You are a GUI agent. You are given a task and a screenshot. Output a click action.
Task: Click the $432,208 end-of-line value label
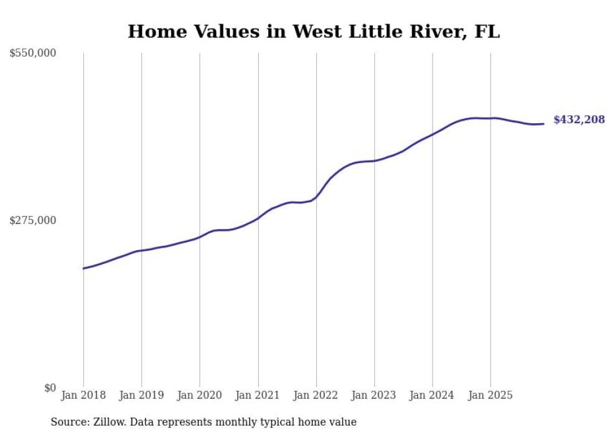pos(578,119)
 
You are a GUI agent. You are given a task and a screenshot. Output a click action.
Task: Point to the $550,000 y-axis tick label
pos(33,54)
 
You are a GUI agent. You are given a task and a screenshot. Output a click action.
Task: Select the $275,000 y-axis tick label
pos(33,220)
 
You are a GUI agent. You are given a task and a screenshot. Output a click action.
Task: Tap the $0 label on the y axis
pos(50,388)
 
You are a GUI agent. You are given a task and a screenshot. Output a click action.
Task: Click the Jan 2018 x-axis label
pos(83,395)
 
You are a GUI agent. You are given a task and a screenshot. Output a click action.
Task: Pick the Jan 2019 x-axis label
pos(141,395)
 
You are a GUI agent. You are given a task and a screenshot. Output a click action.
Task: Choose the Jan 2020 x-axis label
pos(200,395)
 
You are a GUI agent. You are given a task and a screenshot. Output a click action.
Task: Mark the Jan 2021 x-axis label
pos(258,395)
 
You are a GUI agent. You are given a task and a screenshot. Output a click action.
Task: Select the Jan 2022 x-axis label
pos(316,395)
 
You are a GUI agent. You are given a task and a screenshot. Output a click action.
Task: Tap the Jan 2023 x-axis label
pos(374,395)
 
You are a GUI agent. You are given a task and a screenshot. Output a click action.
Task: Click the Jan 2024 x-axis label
pos(433,395)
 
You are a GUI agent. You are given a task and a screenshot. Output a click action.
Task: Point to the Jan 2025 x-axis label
pos(490,395)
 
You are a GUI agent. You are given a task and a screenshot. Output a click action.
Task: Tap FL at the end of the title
pos(487,32)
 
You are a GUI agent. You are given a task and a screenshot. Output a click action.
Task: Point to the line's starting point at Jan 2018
pos(83,268)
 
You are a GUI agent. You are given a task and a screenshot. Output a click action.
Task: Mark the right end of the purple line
pos(543,124)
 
